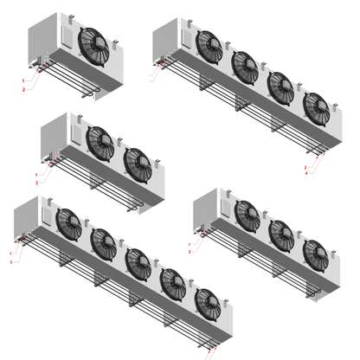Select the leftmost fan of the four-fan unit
(209, 46)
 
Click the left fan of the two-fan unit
(101, 142)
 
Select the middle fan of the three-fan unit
(281, 234)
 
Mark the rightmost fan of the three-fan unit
(316, 254)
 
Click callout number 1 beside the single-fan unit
(23, 80)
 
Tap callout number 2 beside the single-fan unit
(23, 87)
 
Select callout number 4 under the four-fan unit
(306, 173)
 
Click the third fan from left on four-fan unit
(281, 87)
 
